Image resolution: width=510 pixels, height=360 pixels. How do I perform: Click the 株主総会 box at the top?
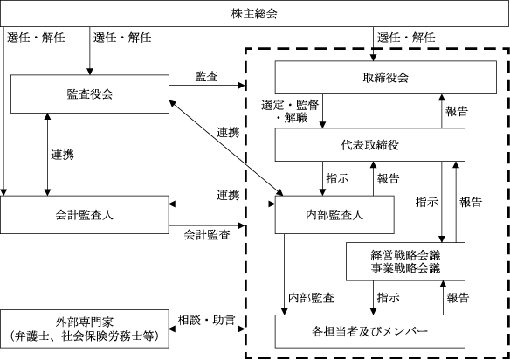[x=255, y=13]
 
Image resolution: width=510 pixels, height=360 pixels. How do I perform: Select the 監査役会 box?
[x=90, y=93]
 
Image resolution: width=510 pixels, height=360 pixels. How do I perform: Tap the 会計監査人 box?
[x=84, y=215]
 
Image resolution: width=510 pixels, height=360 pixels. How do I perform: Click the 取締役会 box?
[x=386, y=78]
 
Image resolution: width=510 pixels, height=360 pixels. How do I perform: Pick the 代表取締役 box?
[x=370, y=144]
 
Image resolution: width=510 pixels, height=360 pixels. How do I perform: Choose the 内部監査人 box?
[x=334, y=215]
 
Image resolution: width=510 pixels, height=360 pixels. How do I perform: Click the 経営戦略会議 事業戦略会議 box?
[x=405, y=261]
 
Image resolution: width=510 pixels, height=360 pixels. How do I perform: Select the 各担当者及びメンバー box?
[x=370, y=331]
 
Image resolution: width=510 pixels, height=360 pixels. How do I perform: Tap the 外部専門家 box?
[x=84, y=329]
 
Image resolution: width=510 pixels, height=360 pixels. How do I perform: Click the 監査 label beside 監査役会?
[x=206, y=77]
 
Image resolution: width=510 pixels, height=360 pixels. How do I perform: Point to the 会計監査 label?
[x=207, y=235]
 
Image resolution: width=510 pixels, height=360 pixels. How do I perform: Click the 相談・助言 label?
[x=206, y=320]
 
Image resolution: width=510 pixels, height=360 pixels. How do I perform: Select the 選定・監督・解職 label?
[x=290, y=111]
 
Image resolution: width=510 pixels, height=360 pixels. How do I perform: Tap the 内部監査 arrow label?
[x=311, y=298]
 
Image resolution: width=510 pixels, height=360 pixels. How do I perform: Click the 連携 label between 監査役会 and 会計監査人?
[x=63, y=155]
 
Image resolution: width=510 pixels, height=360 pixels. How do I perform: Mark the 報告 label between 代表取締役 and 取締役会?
[x=457, y=112]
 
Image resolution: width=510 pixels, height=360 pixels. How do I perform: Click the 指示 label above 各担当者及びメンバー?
[x=389, y=298]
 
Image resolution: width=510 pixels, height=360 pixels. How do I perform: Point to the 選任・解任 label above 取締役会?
[x=406, y=38]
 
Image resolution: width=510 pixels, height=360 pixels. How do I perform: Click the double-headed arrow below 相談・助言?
[x=207, y=329]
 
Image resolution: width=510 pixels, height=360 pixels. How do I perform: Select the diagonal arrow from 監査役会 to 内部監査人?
[x=226, y=148]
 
